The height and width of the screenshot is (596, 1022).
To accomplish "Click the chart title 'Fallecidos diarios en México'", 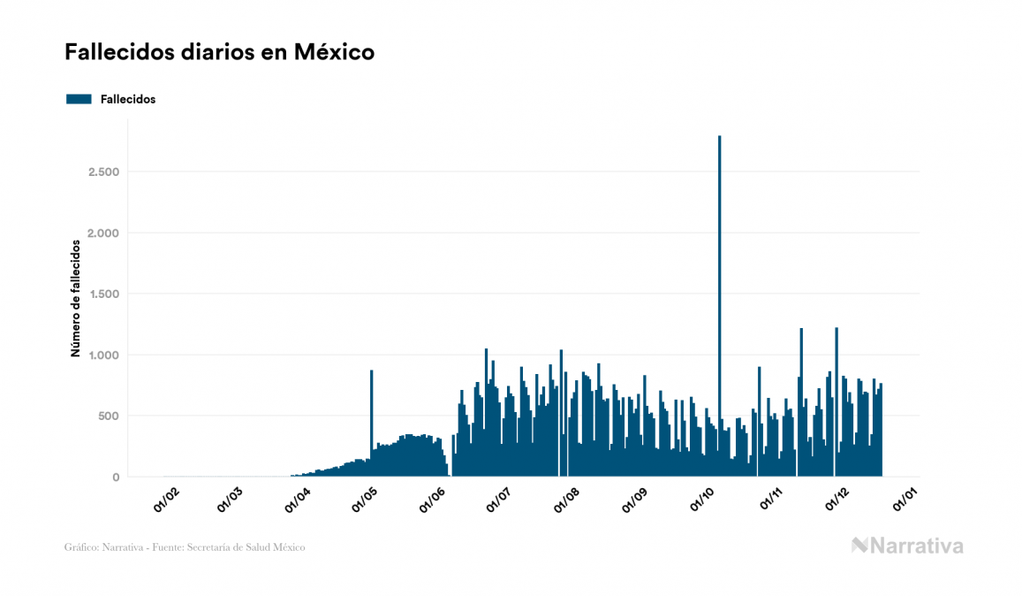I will [x=219, y=52].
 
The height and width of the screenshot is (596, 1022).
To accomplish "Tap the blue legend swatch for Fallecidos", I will [x=79, y=99].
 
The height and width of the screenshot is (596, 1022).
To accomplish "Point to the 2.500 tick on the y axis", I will [x=103, y=172].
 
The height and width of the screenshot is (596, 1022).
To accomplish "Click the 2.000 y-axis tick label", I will [x=103, y=233].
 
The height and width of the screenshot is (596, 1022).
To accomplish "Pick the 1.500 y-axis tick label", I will [x=103, y=294].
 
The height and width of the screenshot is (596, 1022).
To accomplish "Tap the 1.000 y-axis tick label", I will [x=103, y=355].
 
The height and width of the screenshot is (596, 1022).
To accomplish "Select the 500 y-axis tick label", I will [x=109, y=416].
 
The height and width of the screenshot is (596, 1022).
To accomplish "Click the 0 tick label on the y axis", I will [x=115, y=478].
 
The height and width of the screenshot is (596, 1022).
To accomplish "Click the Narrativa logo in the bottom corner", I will [x=907, y=546].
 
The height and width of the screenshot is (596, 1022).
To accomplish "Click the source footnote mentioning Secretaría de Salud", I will [x=185, y=547].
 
